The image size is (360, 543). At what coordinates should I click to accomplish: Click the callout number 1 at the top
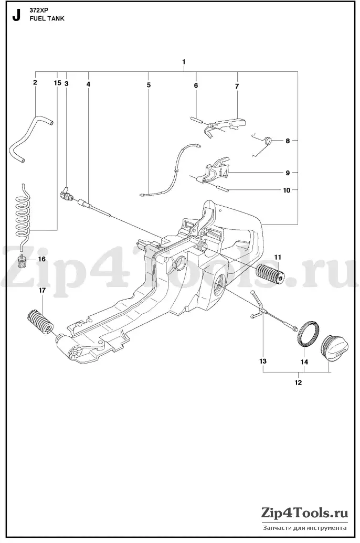pyautogui.click(x=184, y=61)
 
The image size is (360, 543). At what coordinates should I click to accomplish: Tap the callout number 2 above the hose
pyautogui.click(x=35, y=82)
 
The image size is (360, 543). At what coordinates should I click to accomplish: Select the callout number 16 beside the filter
pyautogui.click(x=41, y=259)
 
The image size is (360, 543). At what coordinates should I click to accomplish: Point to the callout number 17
pyautogui.click(x=42, y=290)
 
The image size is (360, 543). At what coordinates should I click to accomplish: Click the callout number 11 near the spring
pyautogui.click(x=278, y=257)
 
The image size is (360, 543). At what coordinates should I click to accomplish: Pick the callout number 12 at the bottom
pyautogui.click(x=298, y=382)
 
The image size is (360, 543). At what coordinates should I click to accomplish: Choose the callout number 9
pyautogui.click(x=288, y=173)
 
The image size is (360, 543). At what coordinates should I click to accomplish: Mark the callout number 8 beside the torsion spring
pyautogui.click(x=288, y=141)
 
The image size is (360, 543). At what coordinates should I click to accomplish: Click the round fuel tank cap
pyautogui.click(x=333, y=347)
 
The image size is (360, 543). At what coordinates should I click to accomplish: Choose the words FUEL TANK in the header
pyautogui.click(x=47, y=18)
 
